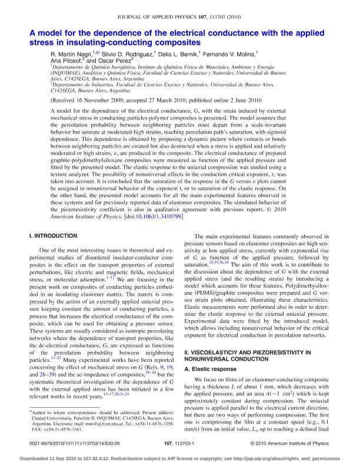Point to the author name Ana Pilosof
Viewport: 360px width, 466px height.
(x=67, y=60)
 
